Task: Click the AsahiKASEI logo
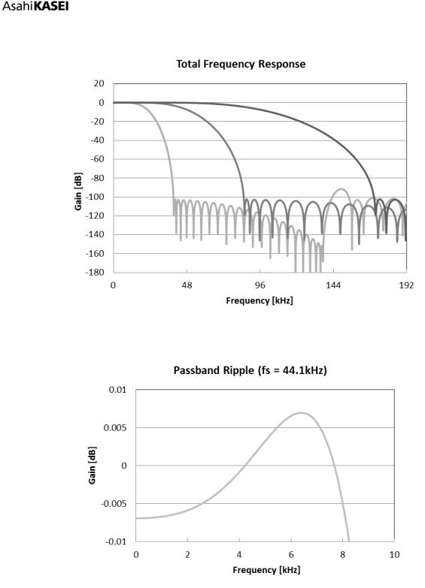(x=35, y=6)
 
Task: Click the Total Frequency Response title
(x=241, y=64)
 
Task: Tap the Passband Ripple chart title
(x=250, y=370)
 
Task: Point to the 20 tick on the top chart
(x=99, y=83)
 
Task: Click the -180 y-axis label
(x=95, y=272)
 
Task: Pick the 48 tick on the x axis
(x=187, y=285)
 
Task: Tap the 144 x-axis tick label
(x=333, y=285)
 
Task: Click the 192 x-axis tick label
(x=406, y=285)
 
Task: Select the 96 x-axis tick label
(x=260, y=285)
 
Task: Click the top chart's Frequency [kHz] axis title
(x=260, y=300)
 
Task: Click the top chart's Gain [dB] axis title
(x=78, y=191)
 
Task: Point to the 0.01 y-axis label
(x=118, y=390)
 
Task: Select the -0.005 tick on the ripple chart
(x=114, y=503)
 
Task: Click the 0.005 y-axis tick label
(x=115, y=428)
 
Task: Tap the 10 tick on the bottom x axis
(x=394, y=555)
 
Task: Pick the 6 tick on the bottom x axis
(x=291, y=555)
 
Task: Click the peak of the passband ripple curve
(x=302, y=413)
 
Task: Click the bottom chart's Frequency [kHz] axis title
(x=266, y=570)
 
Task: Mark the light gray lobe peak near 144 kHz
(x=341, y=189)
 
